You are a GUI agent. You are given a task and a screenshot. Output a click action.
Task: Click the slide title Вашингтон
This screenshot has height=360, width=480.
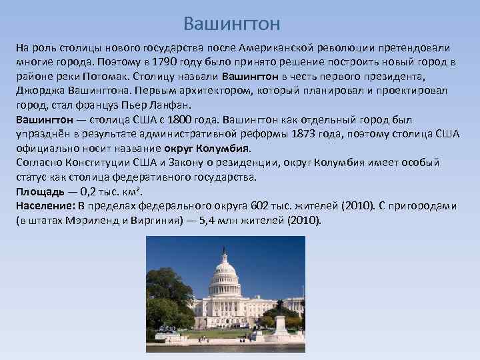point(232,25)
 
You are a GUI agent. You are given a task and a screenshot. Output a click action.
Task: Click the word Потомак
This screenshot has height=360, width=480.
point(108,77)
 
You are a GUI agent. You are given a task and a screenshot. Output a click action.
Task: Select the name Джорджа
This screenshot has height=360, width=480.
point(39,91)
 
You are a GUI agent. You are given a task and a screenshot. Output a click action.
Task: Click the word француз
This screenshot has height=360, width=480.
point(94,105)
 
